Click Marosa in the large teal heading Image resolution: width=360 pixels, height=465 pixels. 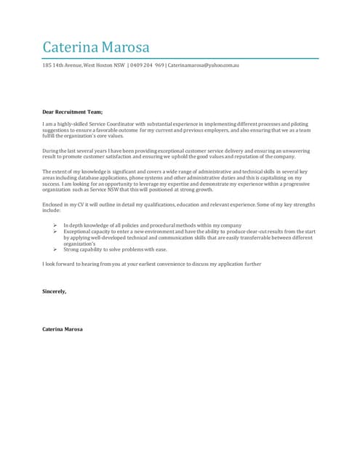[125, 48]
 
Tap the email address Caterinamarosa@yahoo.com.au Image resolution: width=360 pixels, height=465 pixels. [204, 65]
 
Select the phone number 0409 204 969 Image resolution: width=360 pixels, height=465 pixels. [147, 65]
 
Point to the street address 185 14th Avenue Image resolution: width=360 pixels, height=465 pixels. [61, 65]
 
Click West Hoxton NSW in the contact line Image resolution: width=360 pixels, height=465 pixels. [104, 65]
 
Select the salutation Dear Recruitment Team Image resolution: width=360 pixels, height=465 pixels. [73, 113]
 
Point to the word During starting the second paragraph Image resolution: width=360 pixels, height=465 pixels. [52, 151]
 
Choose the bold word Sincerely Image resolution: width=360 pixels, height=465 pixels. [55, 291]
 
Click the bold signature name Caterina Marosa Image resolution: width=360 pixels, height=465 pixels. [63, 329]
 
